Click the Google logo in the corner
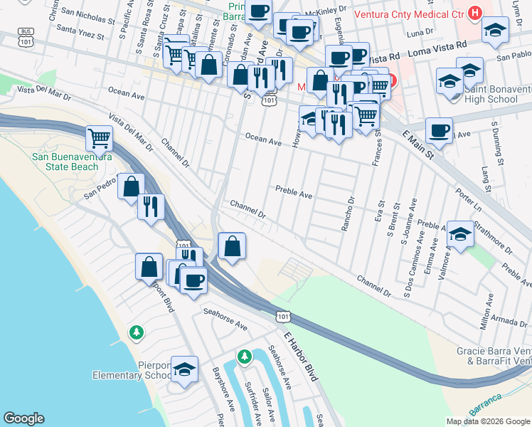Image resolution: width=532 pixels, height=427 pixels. pos(23,418)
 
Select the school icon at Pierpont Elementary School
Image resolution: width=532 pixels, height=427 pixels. pos(184,369)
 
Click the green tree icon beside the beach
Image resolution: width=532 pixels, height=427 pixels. pos(136,332)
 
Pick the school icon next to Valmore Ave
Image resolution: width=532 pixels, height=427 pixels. pos(460,233)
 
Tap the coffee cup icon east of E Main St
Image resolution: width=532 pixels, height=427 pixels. pos(439,130)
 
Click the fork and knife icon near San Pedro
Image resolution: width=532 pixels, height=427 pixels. pos(151,206)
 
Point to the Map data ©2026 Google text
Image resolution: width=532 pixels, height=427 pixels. pos(487,421)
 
